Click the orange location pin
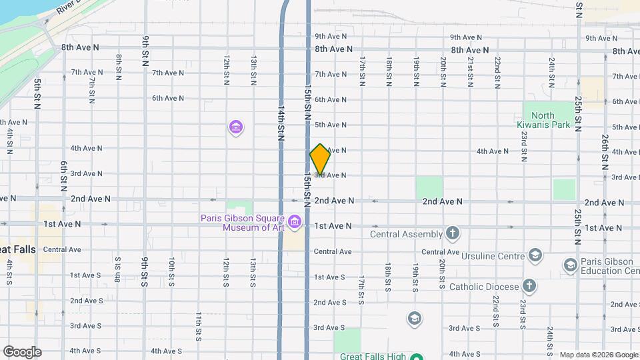coord(320,159)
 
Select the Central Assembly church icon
coord(453,233)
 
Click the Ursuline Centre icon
coord(535,255)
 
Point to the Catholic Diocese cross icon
coord(529,286)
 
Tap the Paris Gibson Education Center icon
coord(570,265)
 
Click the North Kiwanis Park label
coord(543,120)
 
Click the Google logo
coord(22,352)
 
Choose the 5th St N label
coord(37,94)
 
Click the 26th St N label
coord(604,151)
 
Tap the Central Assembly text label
coord(406,234)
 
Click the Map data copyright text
coord(597,355)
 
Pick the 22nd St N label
coord(497,73)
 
